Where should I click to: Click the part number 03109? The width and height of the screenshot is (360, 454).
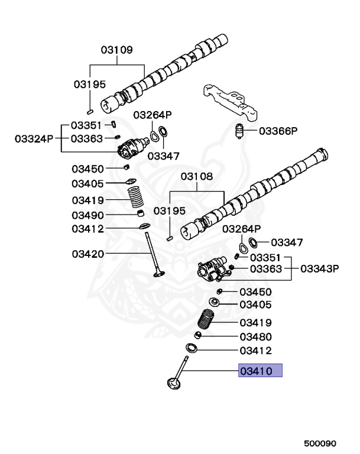(x=116, y=50)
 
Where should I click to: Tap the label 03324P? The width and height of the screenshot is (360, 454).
(x=34, y=138)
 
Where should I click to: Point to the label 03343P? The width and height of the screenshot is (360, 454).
(x=319, y=269)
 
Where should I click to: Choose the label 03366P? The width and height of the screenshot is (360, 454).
(x=278, y=131)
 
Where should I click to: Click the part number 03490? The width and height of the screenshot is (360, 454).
(x=88, y=215)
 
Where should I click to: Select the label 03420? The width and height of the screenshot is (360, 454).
(x=88, y=254)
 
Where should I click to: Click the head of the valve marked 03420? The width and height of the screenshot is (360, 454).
(x=158, y=273)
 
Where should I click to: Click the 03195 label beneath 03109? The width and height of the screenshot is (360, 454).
(x=89, y=84)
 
